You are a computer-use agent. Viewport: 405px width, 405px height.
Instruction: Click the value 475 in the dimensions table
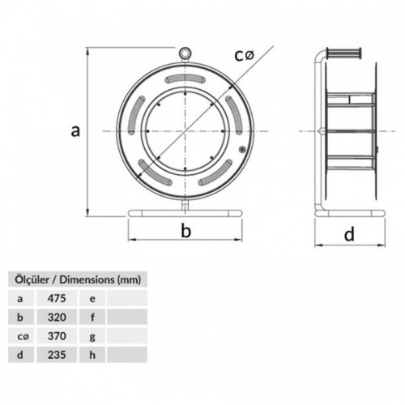point(57,298)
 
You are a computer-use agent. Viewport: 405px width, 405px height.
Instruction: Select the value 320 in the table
point(57,318)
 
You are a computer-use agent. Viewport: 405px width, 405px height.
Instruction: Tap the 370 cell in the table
point(57,336)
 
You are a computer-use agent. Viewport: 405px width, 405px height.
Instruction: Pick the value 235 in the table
point(57,355)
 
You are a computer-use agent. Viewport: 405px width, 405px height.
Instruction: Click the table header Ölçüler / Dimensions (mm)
point(78,279)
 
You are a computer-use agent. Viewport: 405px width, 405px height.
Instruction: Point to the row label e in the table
point(92,299)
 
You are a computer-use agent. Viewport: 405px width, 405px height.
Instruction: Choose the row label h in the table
point(92,355)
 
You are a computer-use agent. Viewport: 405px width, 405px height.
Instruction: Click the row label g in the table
point(92,337)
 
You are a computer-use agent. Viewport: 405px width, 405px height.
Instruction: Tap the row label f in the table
point(92,318)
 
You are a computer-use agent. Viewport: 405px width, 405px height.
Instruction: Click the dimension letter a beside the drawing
point(75,131)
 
